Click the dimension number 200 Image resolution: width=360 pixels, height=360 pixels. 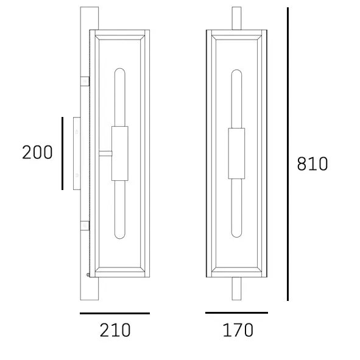tap(37, 152)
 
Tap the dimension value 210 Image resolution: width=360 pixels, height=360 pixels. tap(115, 330)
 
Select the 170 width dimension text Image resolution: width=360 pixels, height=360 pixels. tap(237, 330)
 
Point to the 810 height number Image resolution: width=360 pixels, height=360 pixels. tap(312, 164)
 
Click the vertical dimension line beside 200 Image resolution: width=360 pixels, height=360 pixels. tap(62, 153)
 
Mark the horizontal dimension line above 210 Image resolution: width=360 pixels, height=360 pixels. tap(115, 313)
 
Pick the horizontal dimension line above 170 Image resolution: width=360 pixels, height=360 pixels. tap(236, 312)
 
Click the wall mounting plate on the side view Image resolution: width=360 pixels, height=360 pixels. tap(76, 153)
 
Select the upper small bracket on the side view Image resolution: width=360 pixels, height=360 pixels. tap(85, 81)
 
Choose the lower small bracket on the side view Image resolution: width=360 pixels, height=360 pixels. tap(85, 226)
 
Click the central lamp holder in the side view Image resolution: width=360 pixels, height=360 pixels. tap(119, 153)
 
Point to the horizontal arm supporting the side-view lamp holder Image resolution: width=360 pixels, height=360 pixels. tap(105, 153)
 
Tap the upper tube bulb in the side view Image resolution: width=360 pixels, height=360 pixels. tap(119, 97)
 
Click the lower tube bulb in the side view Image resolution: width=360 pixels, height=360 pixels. tap(119, 210)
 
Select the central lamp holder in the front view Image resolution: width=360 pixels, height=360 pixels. tap(236, 153)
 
